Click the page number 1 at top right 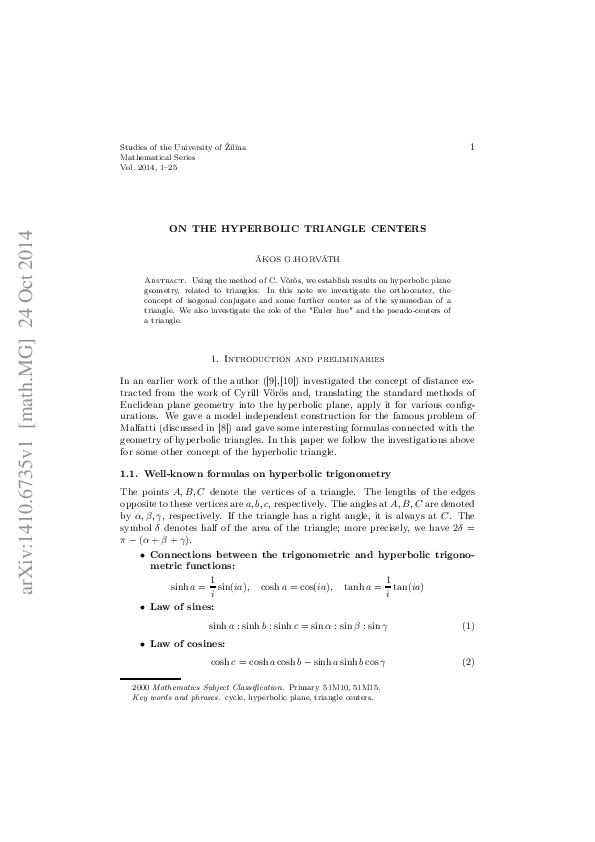pyautogui.click(x=471, y=147)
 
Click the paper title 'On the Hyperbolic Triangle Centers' pyautogui.click(x=297, y=228)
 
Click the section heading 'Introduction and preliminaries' pyautogui.click(x=297, y=357)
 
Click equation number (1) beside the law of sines pyautogui.click(x=467, y=626)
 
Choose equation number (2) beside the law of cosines pyautogui.click(x=467, y=663)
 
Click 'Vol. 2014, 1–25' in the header pyautogui.click(x=148, y=167)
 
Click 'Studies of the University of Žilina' pyautogui.click(x=182, y=147)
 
